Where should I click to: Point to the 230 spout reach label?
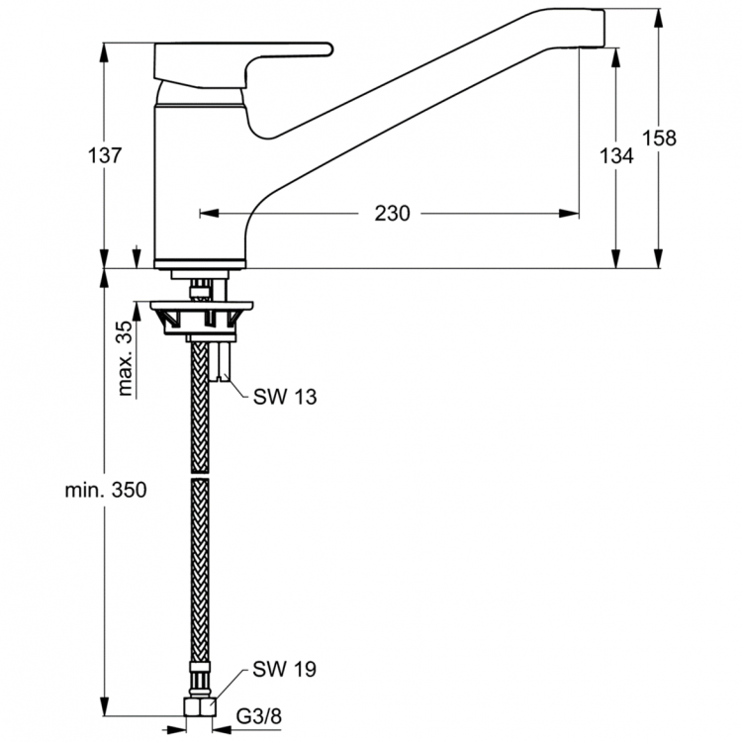click(x=393, y=213)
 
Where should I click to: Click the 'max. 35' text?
click(x=126, y=359)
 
